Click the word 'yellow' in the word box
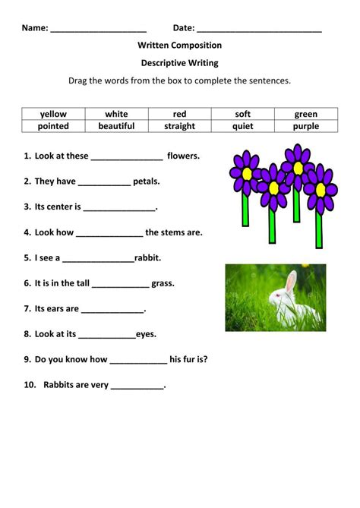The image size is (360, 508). (x=53, y=114)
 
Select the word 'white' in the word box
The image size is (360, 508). (x=116, y=114)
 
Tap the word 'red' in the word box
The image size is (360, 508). (x=179, y=114)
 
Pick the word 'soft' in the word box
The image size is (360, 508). (x=242, y=114)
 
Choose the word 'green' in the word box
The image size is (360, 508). (x=306, y=114)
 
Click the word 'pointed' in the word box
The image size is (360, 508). (x=53, y=126)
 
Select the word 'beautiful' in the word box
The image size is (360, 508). (x=116, y=126)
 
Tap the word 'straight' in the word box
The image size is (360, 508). (x=179, y=126)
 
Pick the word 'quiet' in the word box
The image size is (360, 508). (x=242, y=126)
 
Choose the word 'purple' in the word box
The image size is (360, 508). (x=306, y=126)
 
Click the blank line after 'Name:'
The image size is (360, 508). (x=99, y=29)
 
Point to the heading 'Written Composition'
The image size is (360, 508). (x=180, y=46)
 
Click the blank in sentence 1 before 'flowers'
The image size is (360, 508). (x=127, y=157)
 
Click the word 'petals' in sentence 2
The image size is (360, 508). (x=147, y=181)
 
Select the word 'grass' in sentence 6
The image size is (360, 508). (x=163, y=284)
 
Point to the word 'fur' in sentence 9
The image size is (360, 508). (x=189, y=360)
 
